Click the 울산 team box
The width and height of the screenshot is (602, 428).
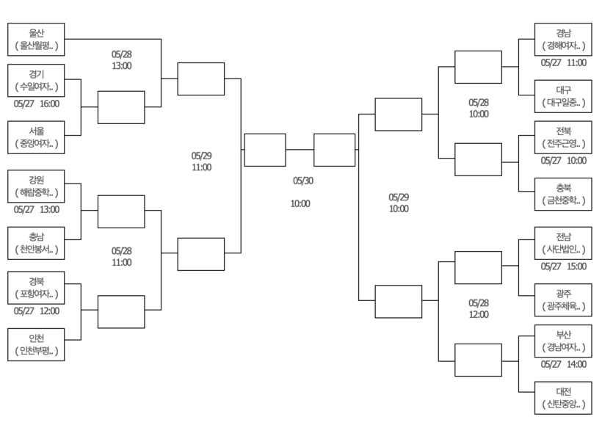point(36,39)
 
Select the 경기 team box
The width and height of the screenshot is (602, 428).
point(36,80)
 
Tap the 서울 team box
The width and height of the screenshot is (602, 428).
point(36,137)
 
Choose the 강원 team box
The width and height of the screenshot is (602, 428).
point(36,186)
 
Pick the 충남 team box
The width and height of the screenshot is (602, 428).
point(36,243)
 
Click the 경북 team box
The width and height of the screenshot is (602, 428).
point(36,288)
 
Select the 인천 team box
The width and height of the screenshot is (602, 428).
point(36,345)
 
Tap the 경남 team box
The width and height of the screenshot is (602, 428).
point(563,39)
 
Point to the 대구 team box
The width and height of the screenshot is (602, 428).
point(563,96)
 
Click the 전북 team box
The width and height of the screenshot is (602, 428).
point(563,137)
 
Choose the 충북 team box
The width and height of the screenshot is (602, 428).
point(563,195)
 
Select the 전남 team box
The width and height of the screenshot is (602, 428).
point(563,243)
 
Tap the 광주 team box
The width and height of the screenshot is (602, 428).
point(563,300)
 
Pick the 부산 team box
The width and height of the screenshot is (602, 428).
point(563,341)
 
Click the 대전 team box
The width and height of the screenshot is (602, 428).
point(563,398)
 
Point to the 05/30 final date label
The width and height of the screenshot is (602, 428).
point(303,181)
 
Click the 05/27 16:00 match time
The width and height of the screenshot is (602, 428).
point(37,104)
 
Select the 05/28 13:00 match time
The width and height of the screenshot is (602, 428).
point(122,60)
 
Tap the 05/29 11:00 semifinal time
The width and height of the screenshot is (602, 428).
point(202,162)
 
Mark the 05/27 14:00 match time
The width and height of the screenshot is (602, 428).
point(564,364)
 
